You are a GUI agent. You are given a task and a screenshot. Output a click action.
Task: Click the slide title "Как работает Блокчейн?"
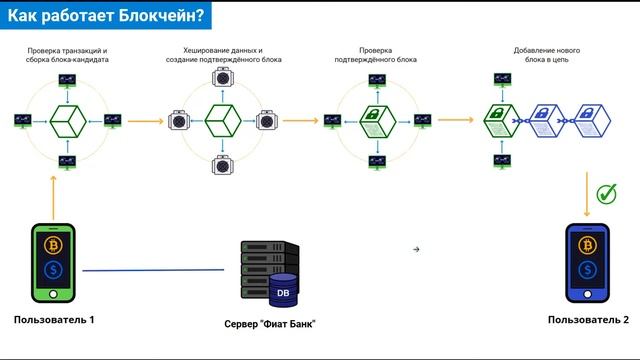tap(107, 16)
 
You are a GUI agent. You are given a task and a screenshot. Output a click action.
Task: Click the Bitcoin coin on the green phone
tap(51, 246)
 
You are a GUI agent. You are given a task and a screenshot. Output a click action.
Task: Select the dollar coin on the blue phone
tap(586, 271)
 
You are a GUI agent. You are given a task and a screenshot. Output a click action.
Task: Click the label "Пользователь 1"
tap(54, 319)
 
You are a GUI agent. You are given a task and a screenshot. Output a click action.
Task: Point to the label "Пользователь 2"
tap(589, 319)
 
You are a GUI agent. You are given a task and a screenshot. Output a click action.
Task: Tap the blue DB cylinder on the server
tap(283, 292)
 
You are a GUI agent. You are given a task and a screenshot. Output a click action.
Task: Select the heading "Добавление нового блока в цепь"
tap(547, 55)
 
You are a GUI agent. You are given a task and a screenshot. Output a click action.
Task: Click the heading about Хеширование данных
tap(224, 55)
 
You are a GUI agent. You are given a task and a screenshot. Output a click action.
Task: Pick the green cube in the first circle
tap(66, 120)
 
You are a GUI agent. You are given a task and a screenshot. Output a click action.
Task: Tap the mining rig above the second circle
tap(224, 78)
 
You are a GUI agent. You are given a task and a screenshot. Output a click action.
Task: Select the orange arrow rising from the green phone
tap(51, 190)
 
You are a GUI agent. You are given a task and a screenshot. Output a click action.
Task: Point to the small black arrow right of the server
tap(416, 248)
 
